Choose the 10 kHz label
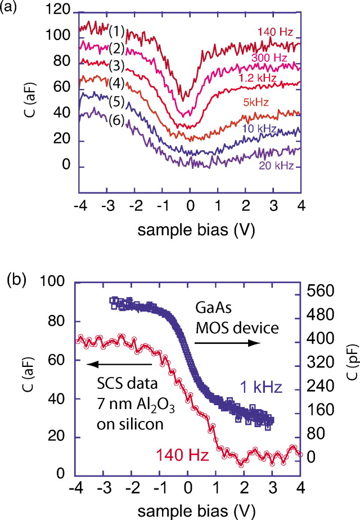pyautogui.click(x=259, y=129)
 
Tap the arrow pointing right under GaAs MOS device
pyautogui.click(x=229, y=343)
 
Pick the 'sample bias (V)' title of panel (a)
pyautogui.click(x=187, y=234)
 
